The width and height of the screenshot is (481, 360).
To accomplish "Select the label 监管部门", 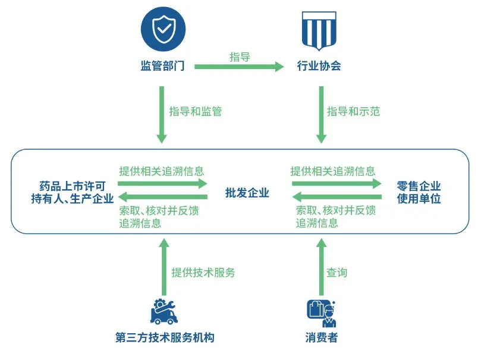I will (x=162, y=66).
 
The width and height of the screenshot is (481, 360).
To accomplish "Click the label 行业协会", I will (x=319, y=66).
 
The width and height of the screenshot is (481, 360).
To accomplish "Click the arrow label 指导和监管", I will (x=195, y=111).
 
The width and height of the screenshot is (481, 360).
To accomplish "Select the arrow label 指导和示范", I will (x=353, y=111).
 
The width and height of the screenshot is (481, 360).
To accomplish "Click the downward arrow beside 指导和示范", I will (x=321, y=114).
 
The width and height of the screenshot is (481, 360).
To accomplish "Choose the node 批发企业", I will (x=247, y=193).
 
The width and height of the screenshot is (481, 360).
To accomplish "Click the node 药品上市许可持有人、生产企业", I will (x=72, y=193).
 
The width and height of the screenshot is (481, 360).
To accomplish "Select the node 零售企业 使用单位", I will (x=419, y=193).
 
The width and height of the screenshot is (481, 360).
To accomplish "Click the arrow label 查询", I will (x=337, y=273).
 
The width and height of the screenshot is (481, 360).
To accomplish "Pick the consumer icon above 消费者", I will (x=321, y=313).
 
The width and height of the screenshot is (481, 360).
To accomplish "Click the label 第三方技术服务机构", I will (x=165, y=339).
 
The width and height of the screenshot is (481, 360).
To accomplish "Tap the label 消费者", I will (x=321, y=339).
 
